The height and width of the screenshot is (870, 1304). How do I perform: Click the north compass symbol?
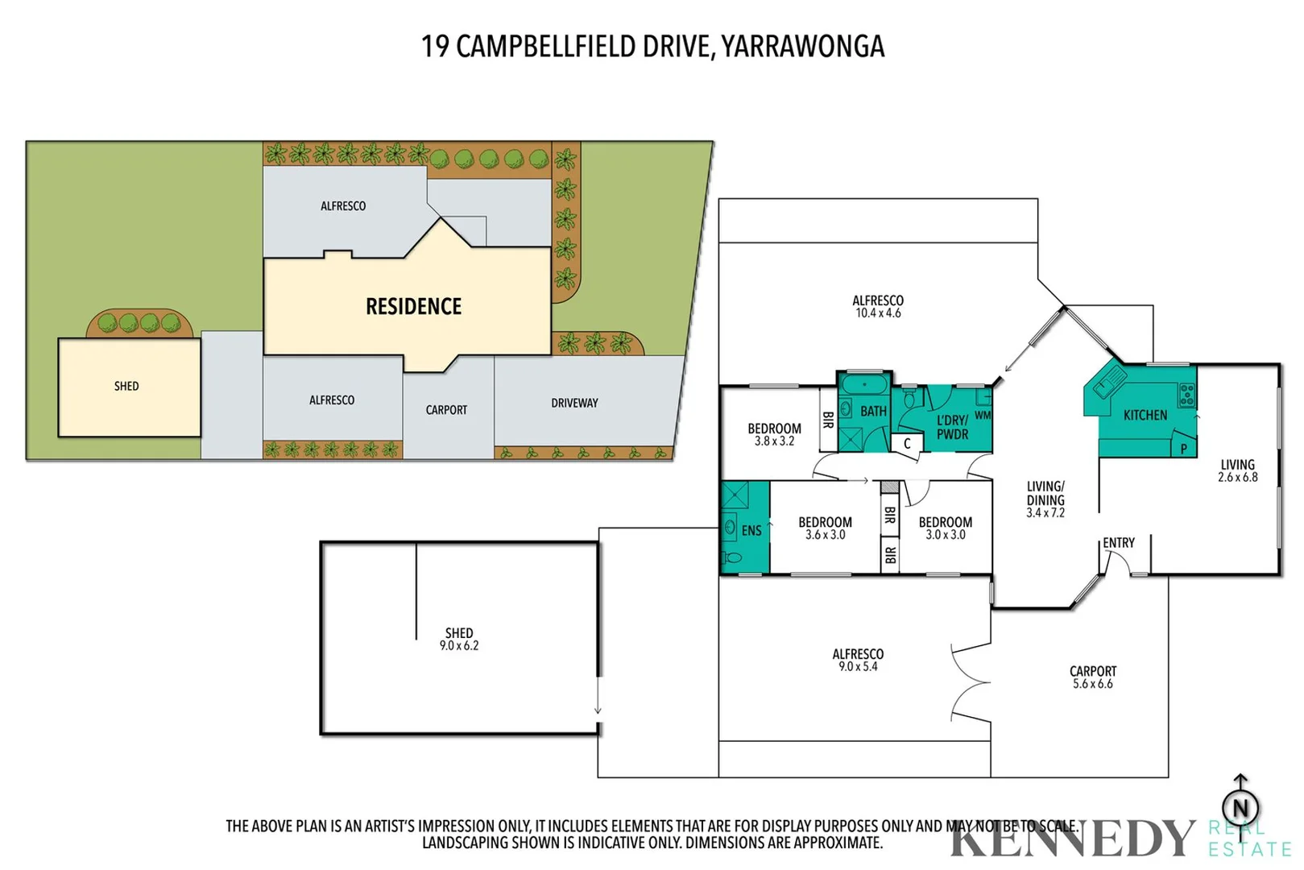[x=1240, y=806]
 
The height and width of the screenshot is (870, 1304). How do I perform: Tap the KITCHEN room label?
[x=1145, y=415]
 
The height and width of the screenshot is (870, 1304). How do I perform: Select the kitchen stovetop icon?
[x=1186, y=395]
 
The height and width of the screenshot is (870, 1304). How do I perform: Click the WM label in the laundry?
[x=983, y=416]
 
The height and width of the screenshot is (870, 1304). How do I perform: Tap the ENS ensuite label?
[x=751, y=530]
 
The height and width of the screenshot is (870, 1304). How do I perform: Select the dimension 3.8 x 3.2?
[x=774, y=441]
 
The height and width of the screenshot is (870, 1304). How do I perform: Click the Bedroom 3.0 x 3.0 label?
[x=945, y=528]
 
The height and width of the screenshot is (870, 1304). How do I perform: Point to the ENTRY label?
[x=1118, y=543]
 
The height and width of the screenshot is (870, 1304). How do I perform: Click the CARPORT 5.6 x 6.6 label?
[x=1092, y=677]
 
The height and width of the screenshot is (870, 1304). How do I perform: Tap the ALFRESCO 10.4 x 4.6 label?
[x=877, y=306]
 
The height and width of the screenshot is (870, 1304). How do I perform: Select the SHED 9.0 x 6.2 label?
[x=459, y=639]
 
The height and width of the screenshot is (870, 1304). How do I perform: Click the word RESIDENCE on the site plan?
[x=413, y=306]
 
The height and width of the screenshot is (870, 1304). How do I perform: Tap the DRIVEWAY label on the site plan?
[x=574, y=403]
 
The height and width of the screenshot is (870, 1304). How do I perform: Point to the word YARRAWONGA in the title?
[x=802, y=47]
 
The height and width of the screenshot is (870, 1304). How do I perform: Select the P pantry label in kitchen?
[x=1183, y=449]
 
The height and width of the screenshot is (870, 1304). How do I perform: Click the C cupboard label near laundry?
[x=907, y=444]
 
